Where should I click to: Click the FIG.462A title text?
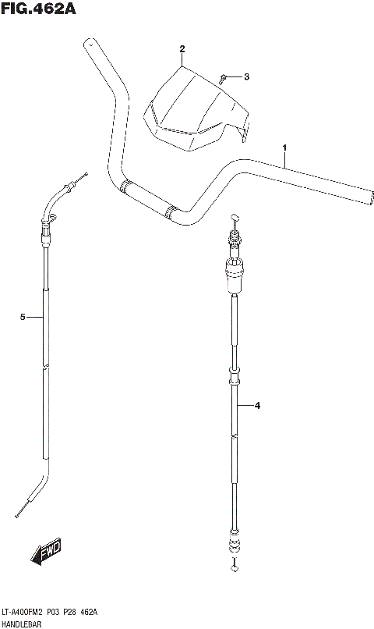(38, 9)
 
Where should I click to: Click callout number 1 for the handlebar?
(284, 147)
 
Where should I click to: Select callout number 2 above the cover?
(182, 49)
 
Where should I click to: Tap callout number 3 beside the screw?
(246, 76)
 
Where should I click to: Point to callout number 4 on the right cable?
(257, 406)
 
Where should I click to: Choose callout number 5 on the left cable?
(23, 318)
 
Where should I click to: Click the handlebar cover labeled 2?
(196, 109)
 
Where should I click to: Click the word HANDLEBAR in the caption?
(21, 624)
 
